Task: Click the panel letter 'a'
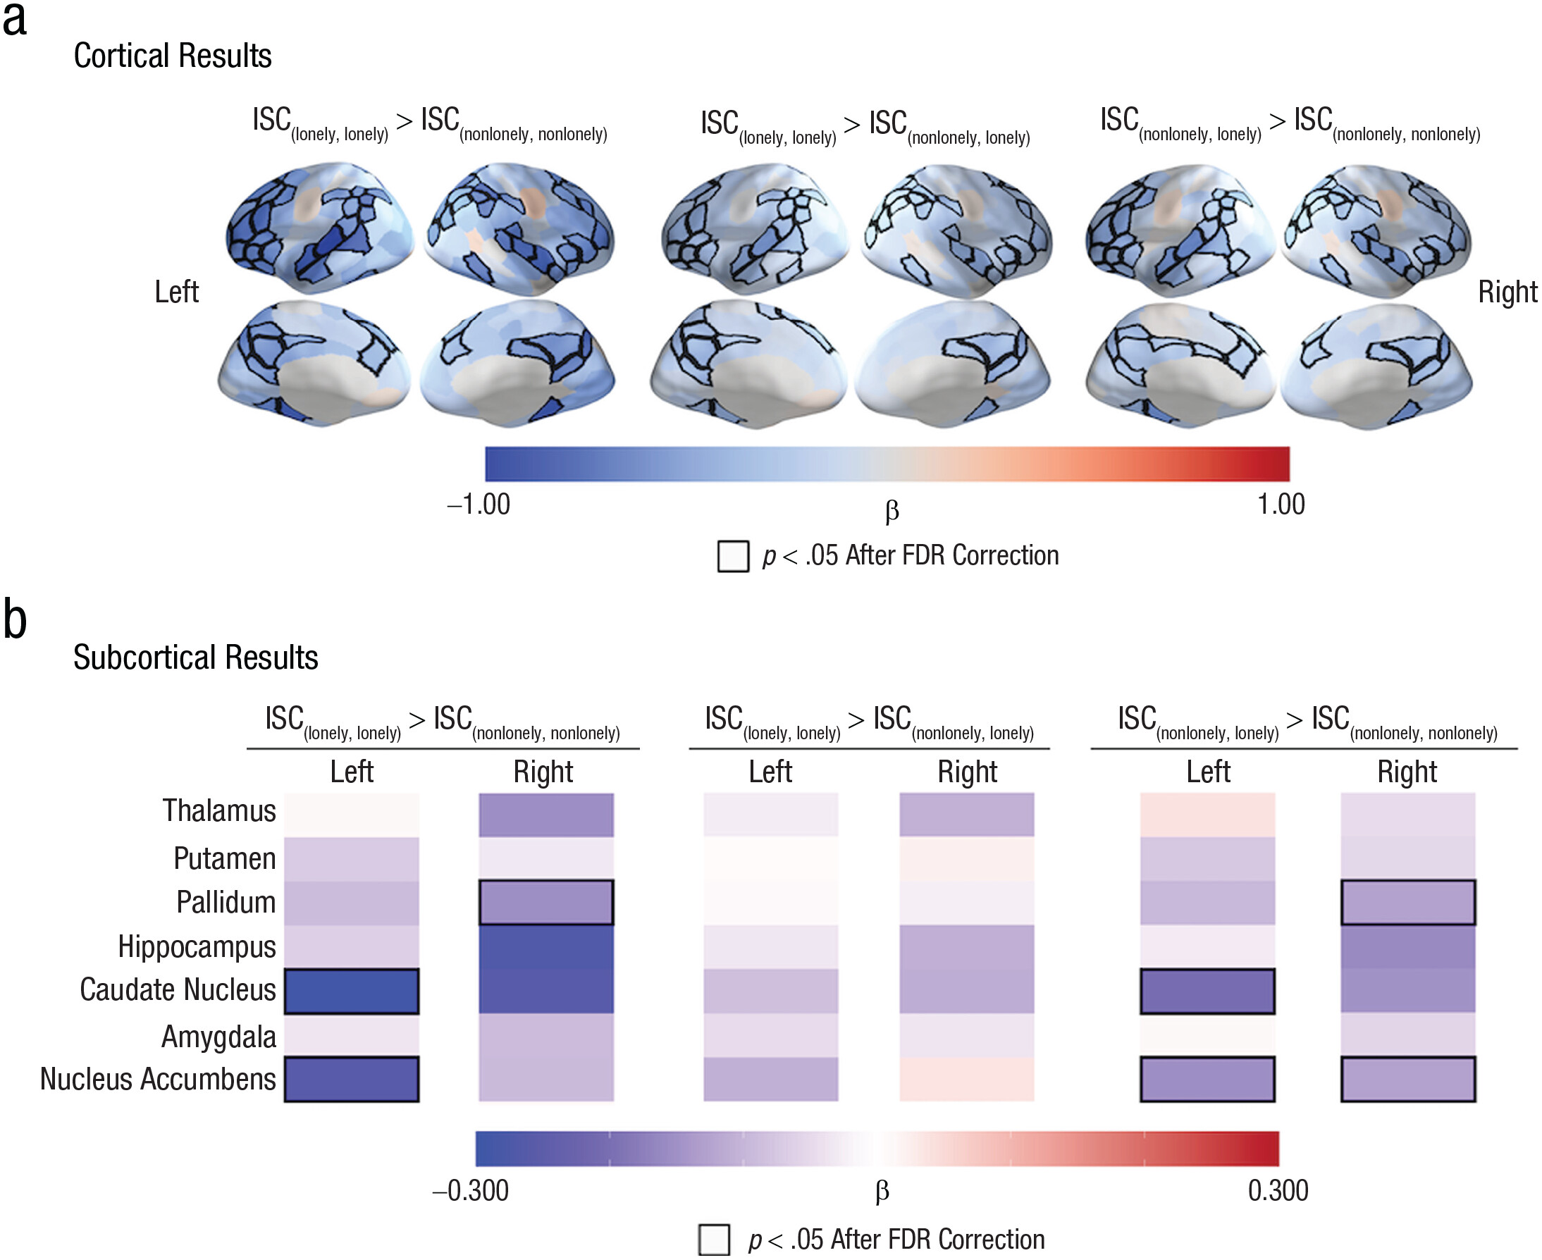[x=15, y=20]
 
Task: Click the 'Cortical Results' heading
[x=173, y=56]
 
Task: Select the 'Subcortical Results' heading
[x=195, y=657]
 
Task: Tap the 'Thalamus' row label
[x=218, y=810]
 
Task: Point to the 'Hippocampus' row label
[x=197, y=946]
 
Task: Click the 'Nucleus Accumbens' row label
[x=158, y=1080]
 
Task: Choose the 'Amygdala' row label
[x=218, y=1037]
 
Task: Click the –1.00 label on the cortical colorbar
[x=479, y=505]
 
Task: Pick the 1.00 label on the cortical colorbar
[x=1281, y=505]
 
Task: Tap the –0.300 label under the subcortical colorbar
[x=471, y=1191]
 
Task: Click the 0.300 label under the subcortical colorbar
[x=1278, y=1191]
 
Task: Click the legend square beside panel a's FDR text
[x=732, y=556]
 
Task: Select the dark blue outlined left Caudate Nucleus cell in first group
[x=352, y=992]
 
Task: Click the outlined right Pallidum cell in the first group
[x=546, y=903]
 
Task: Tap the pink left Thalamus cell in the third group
[x=1207, y=815]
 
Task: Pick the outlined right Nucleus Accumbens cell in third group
[x=1407, y=1080]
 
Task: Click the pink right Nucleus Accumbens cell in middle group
[x=967, y=1080]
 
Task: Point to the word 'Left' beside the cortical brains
[x=176, y=292]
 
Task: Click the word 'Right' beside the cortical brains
[x=1507, y=292]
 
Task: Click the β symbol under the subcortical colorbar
[x=882, y=1191]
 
